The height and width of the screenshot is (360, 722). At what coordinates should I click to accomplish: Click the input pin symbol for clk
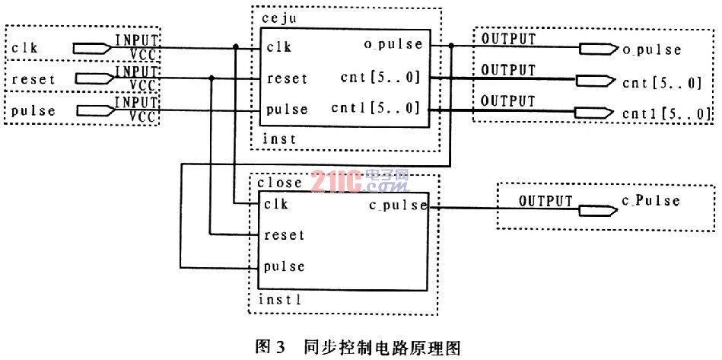92,47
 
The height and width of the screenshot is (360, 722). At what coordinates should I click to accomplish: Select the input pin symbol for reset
94,78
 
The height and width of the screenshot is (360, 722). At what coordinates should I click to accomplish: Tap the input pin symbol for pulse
94,110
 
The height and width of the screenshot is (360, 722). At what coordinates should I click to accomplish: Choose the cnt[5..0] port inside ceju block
380,78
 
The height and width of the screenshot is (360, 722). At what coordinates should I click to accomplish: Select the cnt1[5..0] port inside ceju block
376,109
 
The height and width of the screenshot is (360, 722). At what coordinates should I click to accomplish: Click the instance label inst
279,138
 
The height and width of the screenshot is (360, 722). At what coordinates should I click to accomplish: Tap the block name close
279,183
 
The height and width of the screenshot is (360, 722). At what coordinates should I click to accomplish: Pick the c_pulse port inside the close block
398,205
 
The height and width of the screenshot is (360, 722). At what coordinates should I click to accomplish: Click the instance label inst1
279,300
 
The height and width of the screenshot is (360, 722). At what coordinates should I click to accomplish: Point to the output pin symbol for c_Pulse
598,210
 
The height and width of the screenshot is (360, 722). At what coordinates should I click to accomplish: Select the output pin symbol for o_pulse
599,49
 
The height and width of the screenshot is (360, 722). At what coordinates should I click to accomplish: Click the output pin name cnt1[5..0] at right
666,113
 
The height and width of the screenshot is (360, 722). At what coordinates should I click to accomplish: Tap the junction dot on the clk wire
236,47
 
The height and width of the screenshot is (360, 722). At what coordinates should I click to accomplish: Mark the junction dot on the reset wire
212,78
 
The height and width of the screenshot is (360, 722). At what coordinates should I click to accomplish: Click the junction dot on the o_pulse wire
451,45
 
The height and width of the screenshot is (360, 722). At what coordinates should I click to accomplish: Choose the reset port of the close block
284,234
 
